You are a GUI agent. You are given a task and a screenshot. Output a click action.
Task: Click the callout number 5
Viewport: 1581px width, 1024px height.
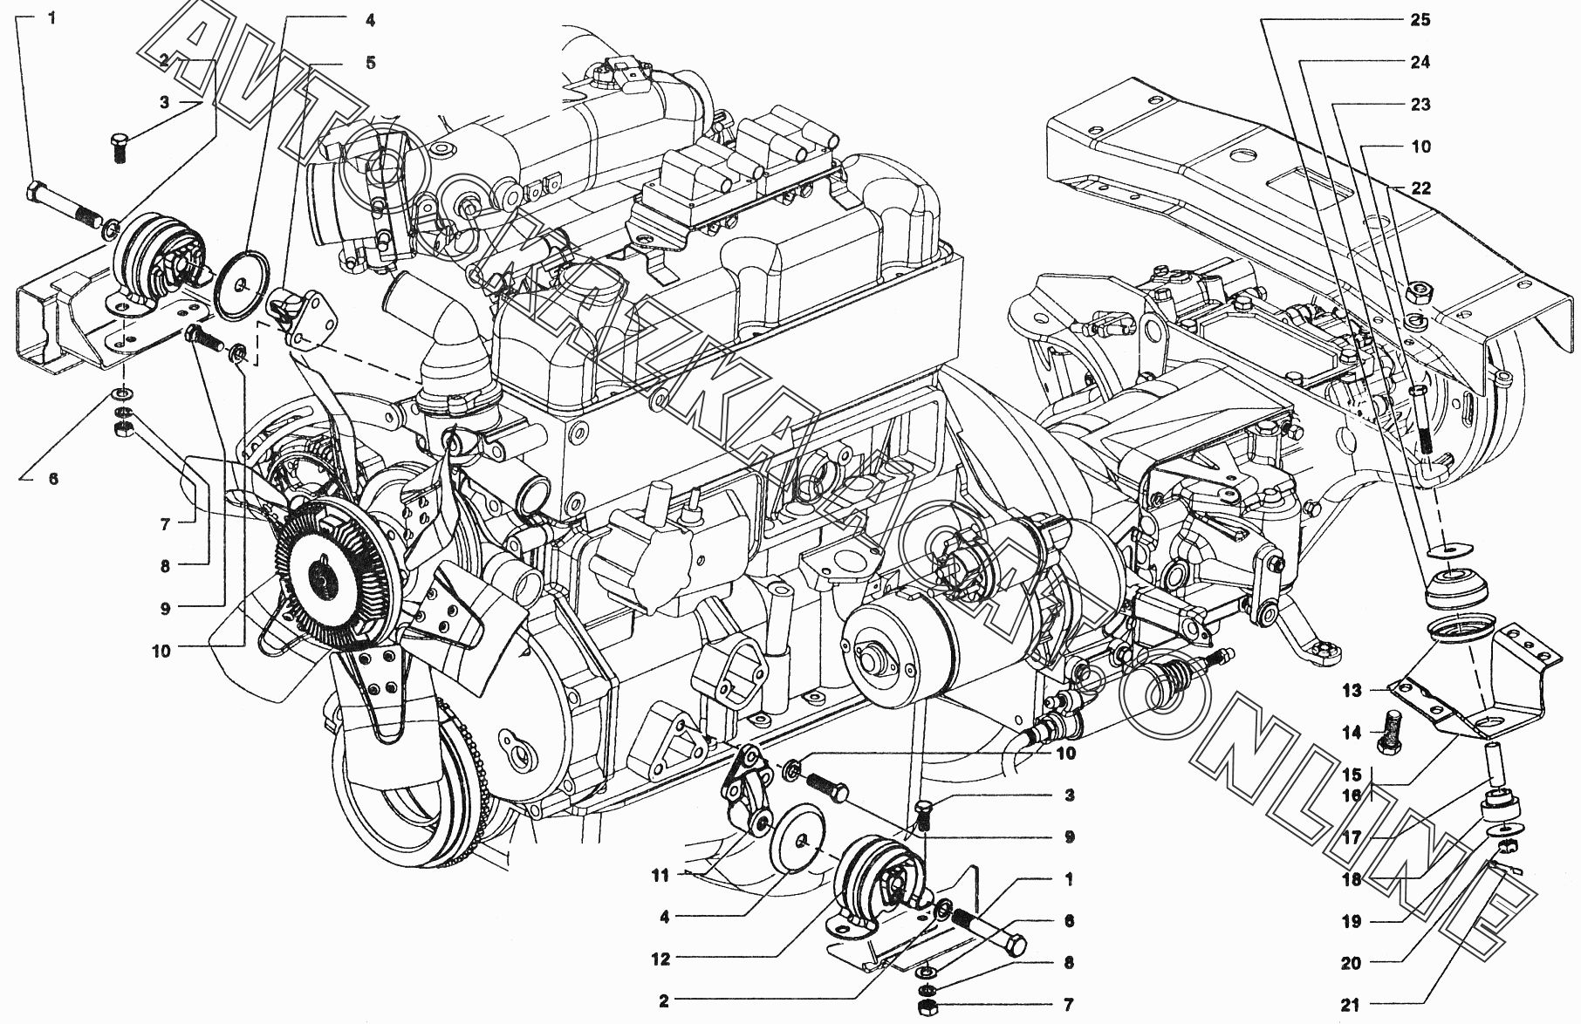click(x=371, y=63)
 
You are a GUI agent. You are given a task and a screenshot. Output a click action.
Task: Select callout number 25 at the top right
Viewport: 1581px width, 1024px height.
click(x=1420, y=19)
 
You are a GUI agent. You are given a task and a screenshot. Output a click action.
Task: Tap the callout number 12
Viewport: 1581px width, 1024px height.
click(x=660, y=959)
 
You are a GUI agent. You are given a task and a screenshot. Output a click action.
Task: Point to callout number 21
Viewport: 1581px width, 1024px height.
click(x=1351, y=1005)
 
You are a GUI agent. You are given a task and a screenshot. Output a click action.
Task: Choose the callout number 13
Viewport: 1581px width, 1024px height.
click(x=1352, y=691)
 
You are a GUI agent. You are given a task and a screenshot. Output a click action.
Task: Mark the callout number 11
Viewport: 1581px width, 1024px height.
click(x=662, y=875)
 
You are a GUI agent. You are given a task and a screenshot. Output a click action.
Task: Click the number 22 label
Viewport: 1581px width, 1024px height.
click(x=1420, y=188)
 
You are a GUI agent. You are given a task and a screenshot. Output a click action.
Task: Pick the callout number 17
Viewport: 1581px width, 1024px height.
click(x=1352, y=837)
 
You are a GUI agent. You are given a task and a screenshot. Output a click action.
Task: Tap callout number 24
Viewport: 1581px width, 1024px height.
click(x=1420, y=62)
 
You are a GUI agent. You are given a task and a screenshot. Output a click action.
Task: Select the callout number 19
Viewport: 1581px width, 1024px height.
click(x=1352, y=921)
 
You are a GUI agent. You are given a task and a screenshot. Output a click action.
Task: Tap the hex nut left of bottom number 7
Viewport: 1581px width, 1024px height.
click(x=927, y=1008)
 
